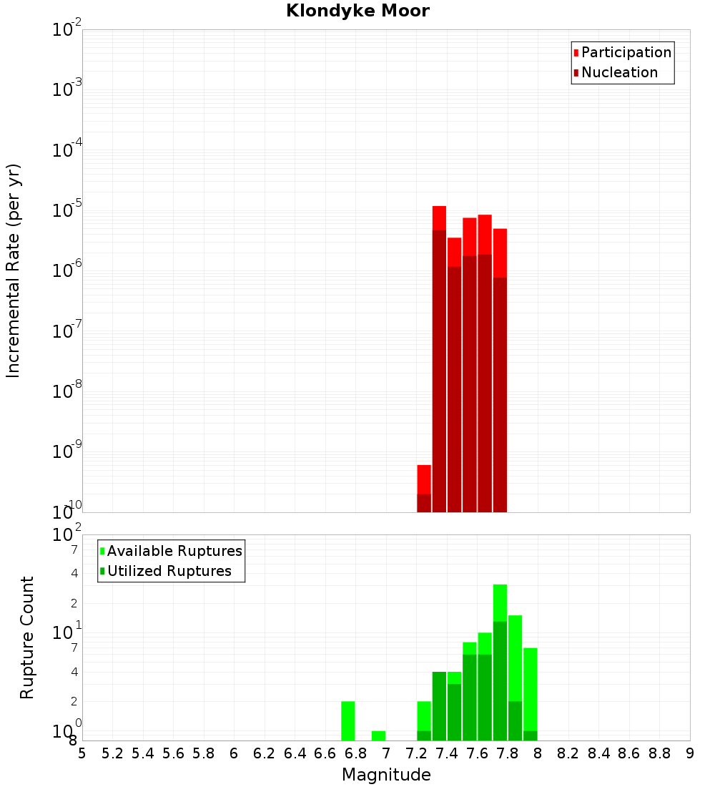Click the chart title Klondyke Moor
point(357,11)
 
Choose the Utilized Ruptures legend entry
point(169,571)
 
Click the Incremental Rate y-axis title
point(14,270)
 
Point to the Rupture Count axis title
point(27,637)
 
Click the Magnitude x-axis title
point(386,775)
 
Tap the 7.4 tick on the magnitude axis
point(447,753)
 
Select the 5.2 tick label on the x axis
point(112,753)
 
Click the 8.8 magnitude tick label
point(659,753)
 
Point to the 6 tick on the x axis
point(234,753)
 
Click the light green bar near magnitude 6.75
point(348,721)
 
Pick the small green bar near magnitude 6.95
point(378,735)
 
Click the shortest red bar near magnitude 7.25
point(424,489)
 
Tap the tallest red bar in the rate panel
point(439,358)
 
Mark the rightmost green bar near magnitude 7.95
point(530,694)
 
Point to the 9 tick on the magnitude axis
point(689,753)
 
